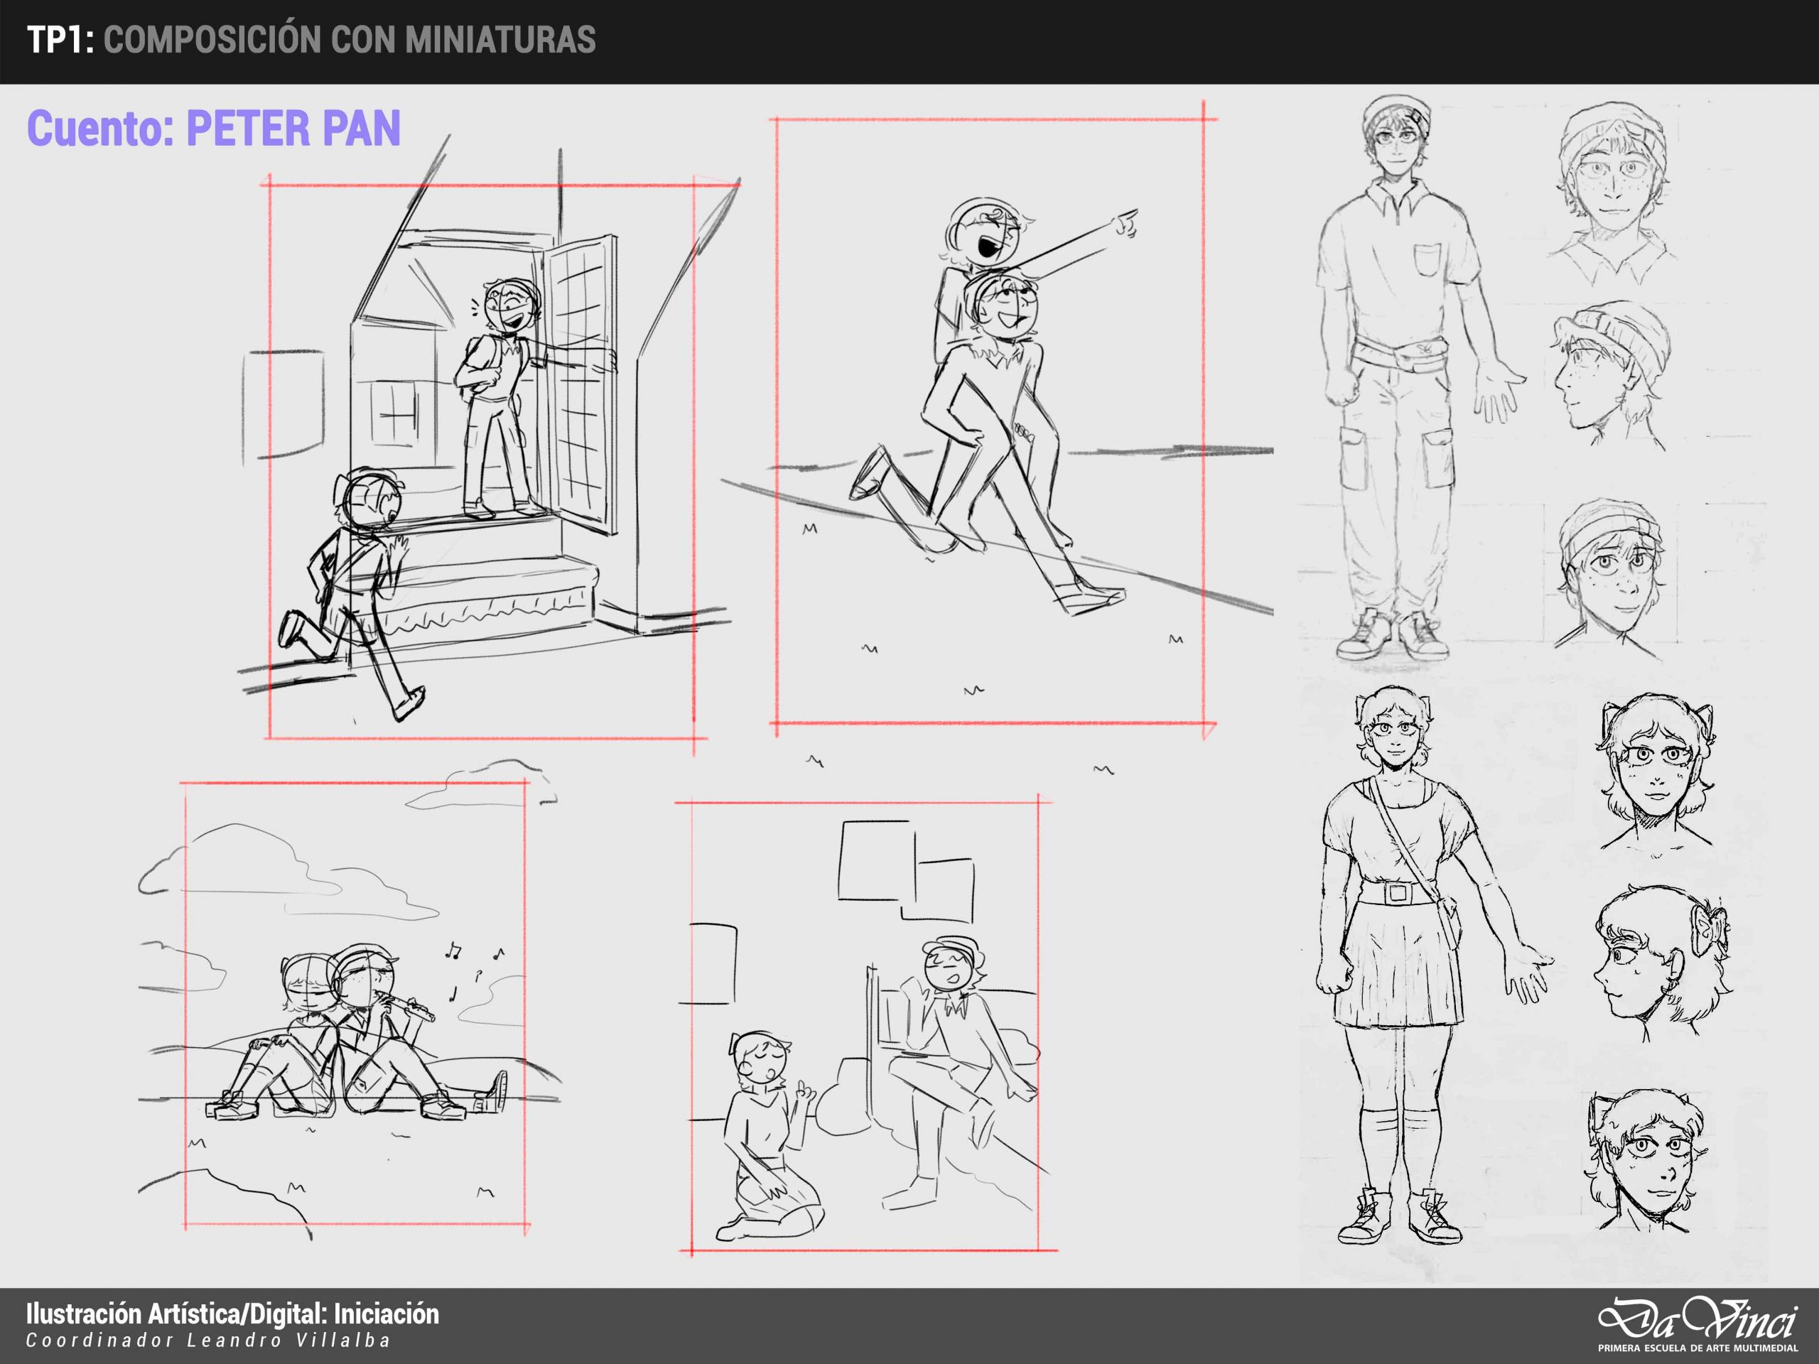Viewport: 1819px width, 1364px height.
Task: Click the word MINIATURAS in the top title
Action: pos(500,40)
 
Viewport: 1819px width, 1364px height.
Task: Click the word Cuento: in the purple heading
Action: pos(100,129)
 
